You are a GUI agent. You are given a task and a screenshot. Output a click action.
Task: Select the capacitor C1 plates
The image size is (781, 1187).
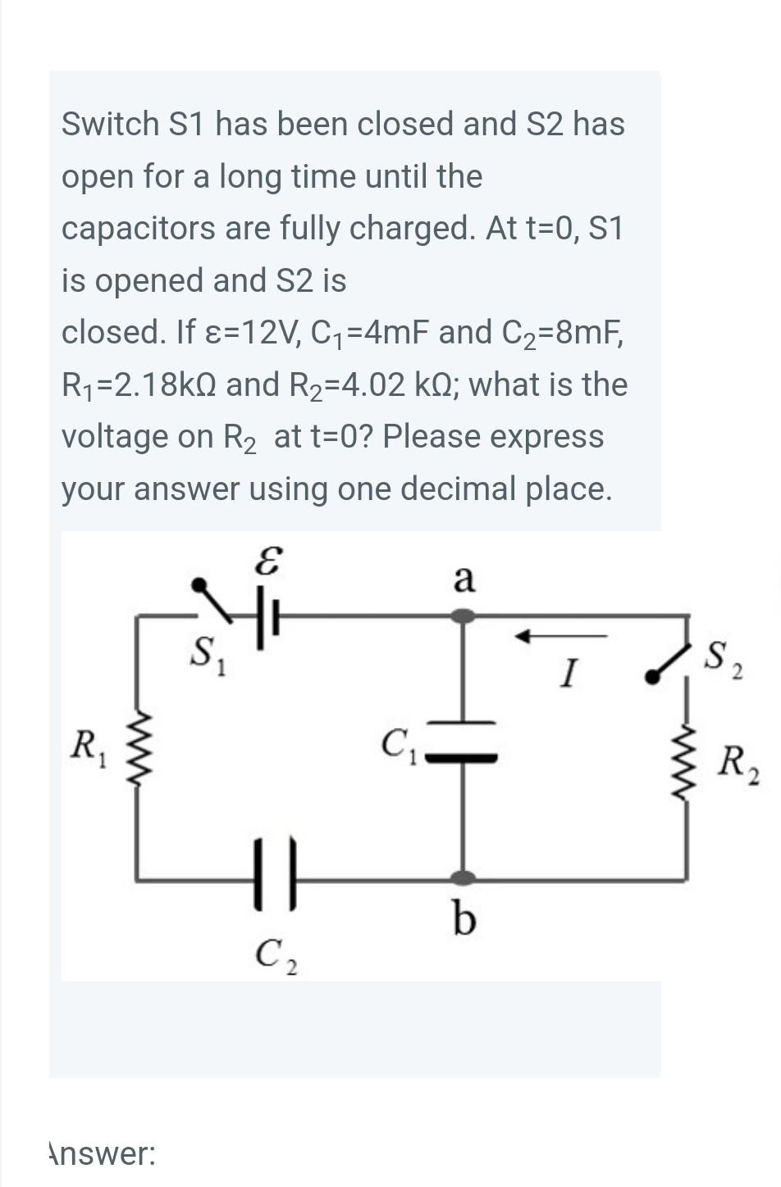(x=464, y=739)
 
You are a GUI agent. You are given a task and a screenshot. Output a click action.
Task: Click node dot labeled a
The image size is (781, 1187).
(x=464, y=615)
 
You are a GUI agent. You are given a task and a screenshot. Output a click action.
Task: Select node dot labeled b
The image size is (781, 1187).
(x=464, y=878)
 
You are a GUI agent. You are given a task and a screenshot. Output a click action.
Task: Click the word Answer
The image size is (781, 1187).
(x=102, y=1153)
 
